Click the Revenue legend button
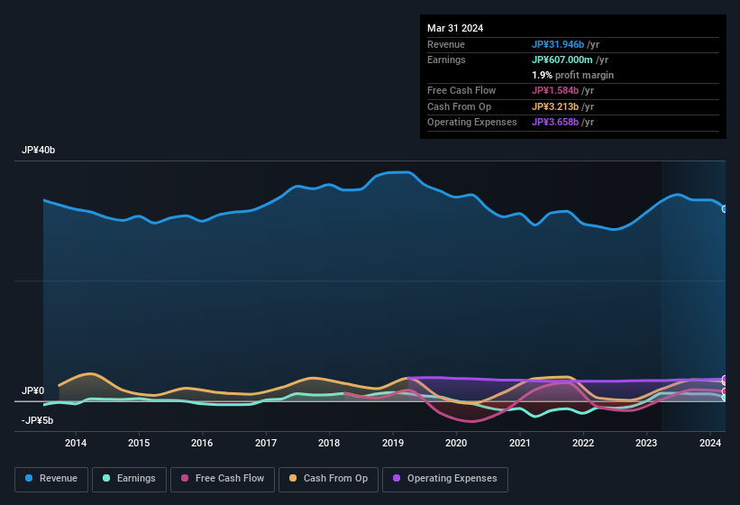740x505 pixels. click(51, 478)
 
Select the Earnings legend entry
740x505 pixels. click(129, 478)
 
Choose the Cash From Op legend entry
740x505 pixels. click(328, 478)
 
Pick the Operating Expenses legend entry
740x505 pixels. click(445, 478)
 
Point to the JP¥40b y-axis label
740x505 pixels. click(39, 151)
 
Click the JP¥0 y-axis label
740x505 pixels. click(32, 390)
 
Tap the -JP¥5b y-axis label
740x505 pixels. click(37, 420)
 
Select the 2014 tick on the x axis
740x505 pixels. click(76, 443)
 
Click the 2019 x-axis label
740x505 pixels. click(393, 443)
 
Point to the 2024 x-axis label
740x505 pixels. click(710, 443)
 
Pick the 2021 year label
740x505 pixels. click(520, 443)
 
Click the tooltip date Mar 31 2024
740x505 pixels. click(455, 28)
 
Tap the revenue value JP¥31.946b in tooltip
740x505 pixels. click(563, 44)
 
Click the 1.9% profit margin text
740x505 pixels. click(572, 75)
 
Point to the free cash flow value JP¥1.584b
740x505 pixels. click(560, 91)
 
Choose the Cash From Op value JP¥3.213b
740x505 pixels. click(560, 106)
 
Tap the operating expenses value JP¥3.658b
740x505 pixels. click(560, 122)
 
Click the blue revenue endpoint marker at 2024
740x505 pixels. click(725, 208)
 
